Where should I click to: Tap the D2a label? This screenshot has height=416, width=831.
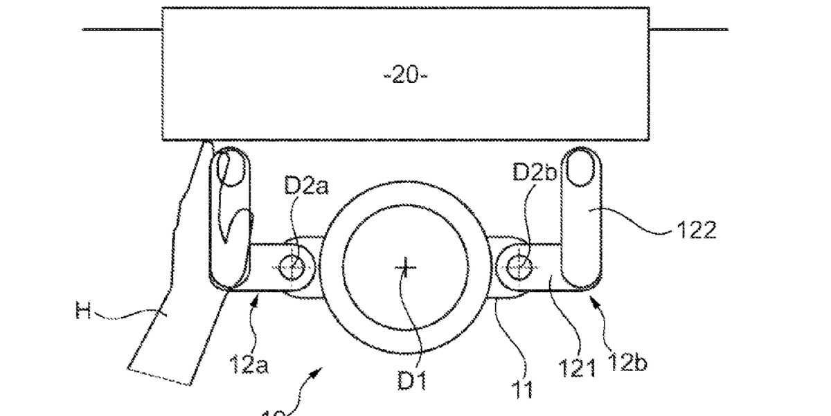(x=307, y=187)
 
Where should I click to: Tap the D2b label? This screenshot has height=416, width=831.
(x=535, y=173)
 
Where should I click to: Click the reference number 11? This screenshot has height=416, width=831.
(x=524, y=390)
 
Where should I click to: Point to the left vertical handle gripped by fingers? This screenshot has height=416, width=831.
(x=228, y=221)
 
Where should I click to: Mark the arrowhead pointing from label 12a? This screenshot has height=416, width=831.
(x=258, y=299)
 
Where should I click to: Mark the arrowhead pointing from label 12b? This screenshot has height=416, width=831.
(x=593, y=300)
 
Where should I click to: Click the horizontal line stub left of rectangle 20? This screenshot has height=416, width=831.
(x=122, y=30)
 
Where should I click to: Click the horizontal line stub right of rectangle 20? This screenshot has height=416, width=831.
(x=688, y=30)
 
